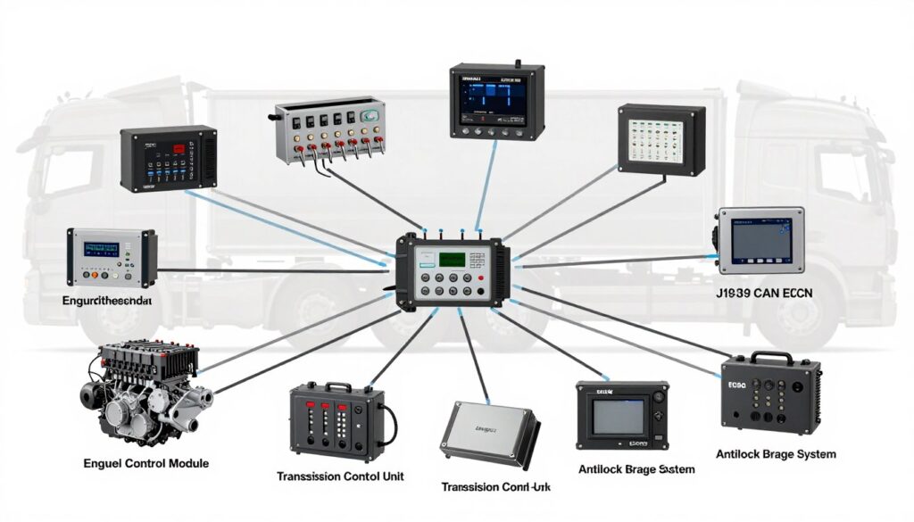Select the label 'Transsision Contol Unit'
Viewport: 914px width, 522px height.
click(334, 476)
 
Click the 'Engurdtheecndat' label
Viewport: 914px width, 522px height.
click(107, 302)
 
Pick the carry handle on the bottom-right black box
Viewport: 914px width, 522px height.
click(769, 357)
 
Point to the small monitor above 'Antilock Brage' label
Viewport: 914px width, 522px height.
click(619, 416)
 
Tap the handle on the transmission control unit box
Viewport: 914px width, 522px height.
click(337, 386)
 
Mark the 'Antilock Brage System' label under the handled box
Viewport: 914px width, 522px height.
click(777, 454)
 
